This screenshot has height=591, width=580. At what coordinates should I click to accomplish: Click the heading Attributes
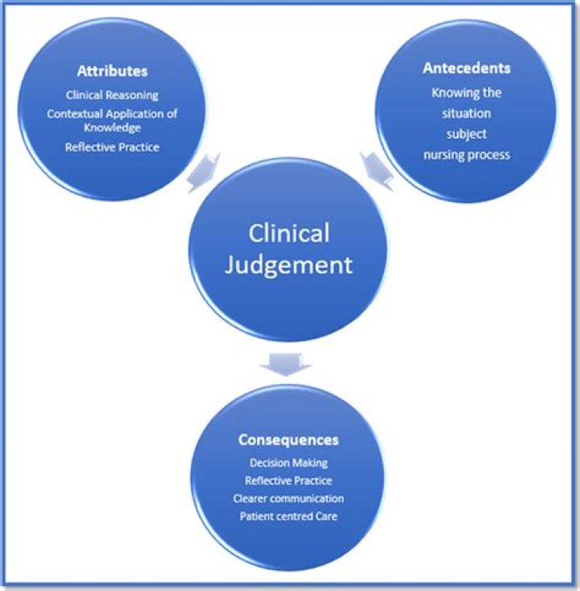112,71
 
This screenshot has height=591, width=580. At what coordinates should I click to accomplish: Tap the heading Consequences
288,440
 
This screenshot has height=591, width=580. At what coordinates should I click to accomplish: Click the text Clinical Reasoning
112,95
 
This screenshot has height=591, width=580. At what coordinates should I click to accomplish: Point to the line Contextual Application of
112,114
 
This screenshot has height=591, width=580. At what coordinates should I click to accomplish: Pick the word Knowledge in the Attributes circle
112,128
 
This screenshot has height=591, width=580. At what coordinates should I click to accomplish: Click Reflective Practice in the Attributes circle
112,147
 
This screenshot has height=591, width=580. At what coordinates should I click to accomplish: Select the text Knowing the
466,93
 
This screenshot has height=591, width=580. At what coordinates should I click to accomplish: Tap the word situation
466,114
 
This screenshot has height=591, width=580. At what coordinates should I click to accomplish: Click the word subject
466,134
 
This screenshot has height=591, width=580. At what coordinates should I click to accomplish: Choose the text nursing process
466,155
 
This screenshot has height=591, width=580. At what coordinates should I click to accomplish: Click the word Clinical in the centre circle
288,233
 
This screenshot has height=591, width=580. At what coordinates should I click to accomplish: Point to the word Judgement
288,265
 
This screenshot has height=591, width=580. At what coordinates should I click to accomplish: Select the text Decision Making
288,463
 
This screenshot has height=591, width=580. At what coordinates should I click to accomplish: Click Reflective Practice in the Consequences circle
288,481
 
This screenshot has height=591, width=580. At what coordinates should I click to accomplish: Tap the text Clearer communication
288,498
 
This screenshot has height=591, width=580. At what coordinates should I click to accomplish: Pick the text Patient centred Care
288,516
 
